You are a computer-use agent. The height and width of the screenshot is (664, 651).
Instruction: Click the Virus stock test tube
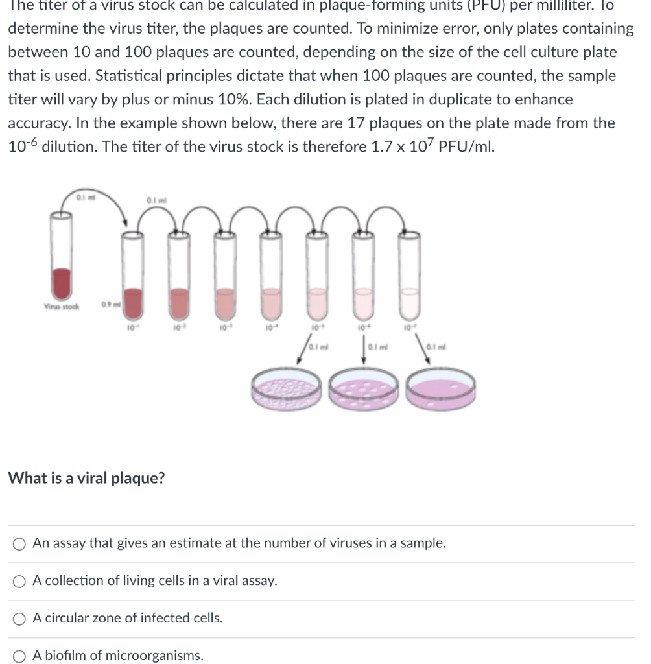[62, 259]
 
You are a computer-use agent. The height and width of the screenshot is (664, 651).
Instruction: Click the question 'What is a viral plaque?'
[86, 479]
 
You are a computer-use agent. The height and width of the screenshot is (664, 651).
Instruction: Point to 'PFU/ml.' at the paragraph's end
[466, 147]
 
